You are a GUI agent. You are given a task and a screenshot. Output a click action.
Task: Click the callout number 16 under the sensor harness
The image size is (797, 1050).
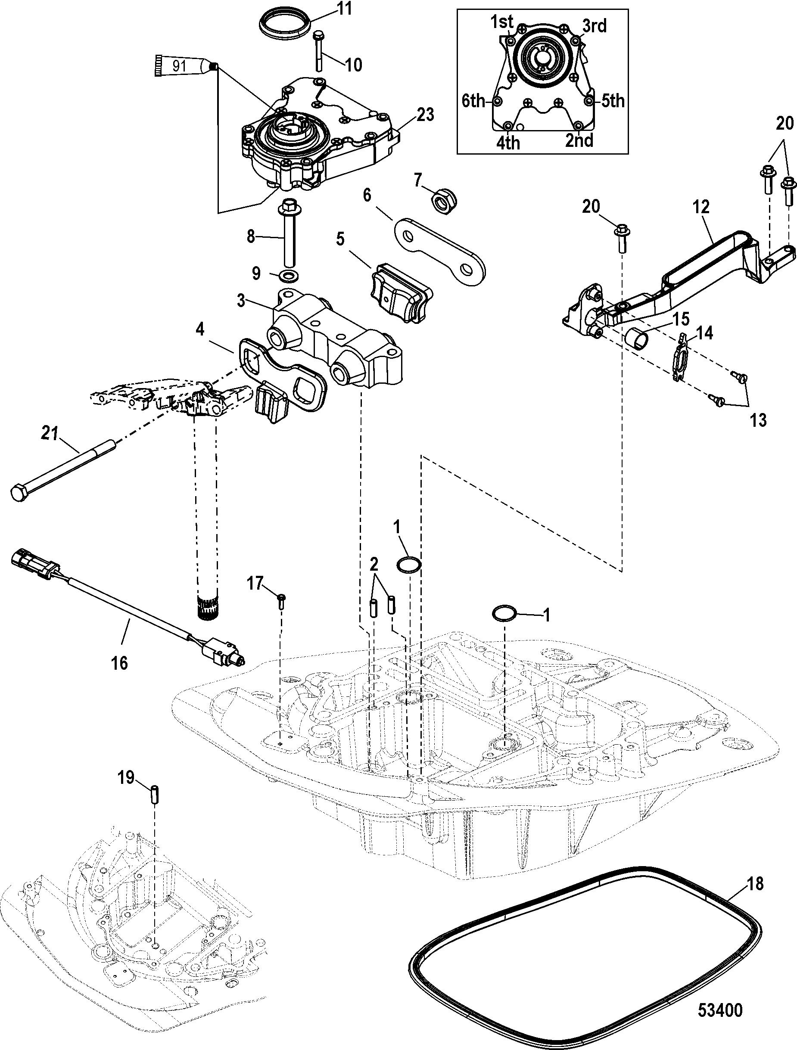tap(119, 663)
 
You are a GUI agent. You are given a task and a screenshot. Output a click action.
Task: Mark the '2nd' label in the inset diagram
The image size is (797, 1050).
tap(579, 141)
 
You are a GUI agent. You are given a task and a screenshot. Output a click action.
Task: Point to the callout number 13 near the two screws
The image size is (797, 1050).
tap(758, 419)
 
